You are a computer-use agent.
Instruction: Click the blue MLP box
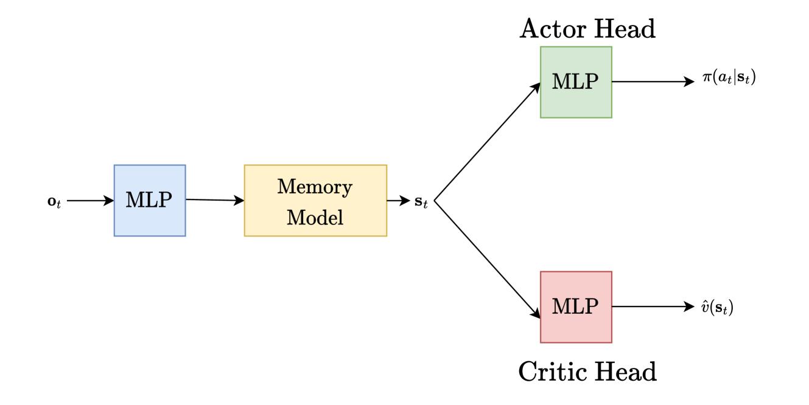click(150, 200)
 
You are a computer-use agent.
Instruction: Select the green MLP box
click(576, 82)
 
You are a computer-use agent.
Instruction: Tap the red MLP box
click(576, 307)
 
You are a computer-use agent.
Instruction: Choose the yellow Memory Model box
click(315, 201)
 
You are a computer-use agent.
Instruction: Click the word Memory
click(315, 187)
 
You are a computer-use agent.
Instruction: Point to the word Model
click(315, 218)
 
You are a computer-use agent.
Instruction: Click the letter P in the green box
click(591, 81)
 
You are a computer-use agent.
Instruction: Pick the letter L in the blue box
click(151, 200)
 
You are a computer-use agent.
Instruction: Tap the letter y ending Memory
click(347, 189)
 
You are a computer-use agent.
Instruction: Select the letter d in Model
click(322, 218)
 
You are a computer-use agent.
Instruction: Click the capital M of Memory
click(285, 187)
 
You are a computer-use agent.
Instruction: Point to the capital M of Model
click(295, 218)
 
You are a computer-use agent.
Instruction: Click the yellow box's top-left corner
click(245, 165)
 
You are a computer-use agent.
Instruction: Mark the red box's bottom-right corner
click(612, 342)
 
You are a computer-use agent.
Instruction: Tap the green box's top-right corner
click(612, 47)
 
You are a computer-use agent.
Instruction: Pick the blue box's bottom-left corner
click(114, 235)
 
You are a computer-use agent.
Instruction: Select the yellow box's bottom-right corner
click(387, 235)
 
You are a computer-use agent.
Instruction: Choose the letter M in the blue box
click(135, 200)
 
